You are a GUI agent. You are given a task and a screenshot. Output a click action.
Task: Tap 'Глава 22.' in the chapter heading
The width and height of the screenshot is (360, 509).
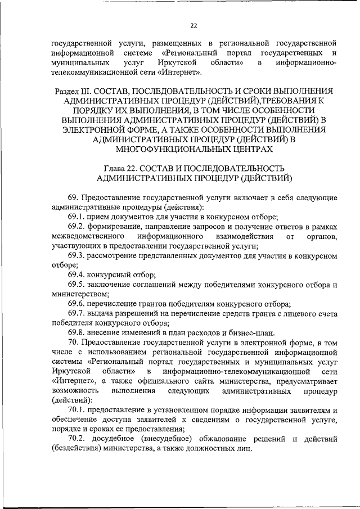[121, 169]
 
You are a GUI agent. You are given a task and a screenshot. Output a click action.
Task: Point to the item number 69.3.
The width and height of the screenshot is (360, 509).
[77, 256]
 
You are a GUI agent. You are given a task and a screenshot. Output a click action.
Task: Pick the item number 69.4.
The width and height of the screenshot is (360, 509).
[77, 275]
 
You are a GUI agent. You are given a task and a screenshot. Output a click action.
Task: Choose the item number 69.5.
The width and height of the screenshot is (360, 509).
[77, 285]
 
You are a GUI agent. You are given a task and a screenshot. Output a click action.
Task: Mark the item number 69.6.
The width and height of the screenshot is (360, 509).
[77, 304]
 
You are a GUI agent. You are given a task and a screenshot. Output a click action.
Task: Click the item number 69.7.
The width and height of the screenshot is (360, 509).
[77, 314]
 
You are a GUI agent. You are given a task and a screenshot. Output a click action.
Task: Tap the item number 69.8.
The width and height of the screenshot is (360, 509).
[77, 333]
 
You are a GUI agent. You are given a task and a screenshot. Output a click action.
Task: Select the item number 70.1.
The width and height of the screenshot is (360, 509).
[77, 411]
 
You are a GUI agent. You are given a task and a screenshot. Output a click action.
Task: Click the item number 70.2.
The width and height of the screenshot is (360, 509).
[77, 439]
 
